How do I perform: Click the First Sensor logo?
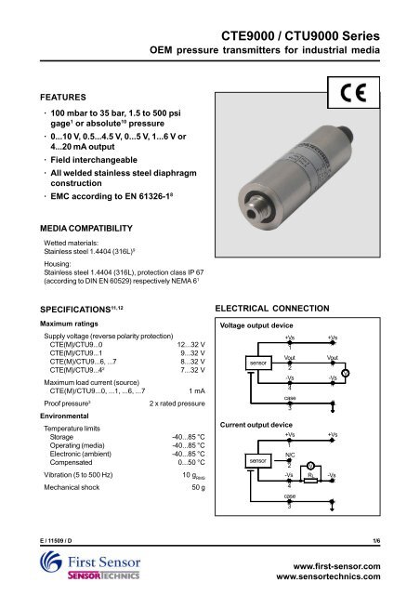[92, 567]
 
